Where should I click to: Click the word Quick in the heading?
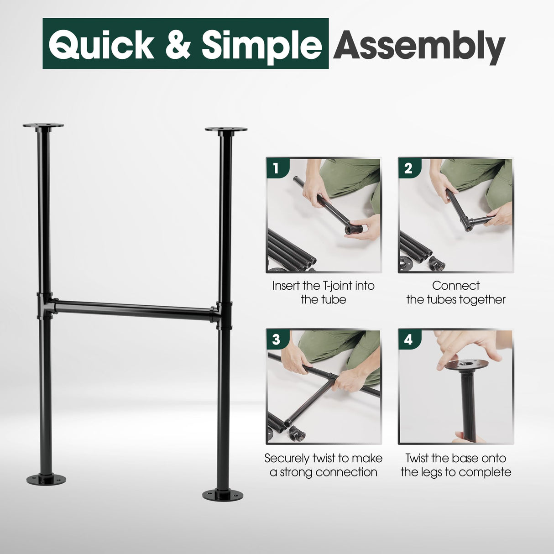pos(101,45)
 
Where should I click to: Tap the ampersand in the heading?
pos(178,45)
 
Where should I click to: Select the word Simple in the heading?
pos(261,45)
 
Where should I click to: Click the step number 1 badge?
pos(276,168)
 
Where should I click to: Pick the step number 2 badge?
pos(408,168)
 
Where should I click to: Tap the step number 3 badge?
pos(276,339)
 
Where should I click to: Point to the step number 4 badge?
pos(408,339)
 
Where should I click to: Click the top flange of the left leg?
pos(43,125)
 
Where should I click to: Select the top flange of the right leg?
pos(226,130)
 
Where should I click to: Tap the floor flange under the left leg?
pos(46,480)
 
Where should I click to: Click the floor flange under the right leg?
pos(223,494)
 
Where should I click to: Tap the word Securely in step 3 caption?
pos(286,458)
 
